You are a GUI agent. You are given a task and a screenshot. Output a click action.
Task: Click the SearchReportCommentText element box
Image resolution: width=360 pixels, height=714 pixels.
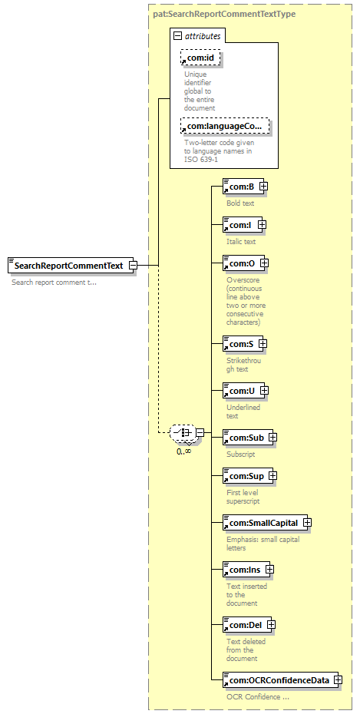(72, 265)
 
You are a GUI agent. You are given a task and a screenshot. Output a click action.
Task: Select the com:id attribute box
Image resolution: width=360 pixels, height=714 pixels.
(200, 58)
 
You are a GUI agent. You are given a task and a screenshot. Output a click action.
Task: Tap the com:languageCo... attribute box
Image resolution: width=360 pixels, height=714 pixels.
(225, 127)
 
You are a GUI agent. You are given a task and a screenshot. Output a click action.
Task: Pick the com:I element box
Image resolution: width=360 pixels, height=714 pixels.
(244, 224)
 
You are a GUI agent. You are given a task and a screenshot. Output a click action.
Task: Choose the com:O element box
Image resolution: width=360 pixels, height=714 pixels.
(246, 263)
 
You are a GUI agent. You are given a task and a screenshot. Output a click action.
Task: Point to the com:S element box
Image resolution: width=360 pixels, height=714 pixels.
(244, 344)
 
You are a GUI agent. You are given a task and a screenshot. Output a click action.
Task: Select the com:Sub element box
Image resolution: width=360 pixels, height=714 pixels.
(249, 437)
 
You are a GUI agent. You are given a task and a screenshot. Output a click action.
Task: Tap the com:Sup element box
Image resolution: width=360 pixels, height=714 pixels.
(249, 476)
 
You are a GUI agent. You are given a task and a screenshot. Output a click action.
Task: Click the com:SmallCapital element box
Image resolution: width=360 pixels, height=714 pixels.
(266, 523)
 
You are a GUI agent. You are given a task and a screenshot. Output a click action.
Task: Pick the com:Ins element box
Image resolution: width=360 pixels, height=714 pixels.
(248, 569)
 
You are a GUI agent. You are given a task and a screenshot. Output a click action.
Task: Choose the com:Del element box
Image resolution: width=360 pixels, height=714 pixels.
(249, 625)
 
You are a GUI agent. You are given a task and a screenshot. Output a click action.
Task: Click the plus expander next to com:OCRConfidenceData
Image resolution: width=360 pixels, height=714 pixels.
(337, 680)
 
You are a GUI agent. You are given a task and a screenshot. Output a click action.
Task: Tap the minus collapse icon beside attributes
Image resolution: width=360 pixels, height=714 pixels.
(178, 36)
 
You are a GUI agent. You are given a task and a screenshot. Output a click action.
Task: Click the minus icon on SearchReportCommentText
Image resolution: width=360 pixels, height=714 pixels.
(133, 265)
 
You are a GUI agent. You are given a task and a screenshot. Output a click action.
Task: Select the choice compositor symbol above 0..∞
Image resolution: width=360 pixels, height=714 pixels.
(184, 432)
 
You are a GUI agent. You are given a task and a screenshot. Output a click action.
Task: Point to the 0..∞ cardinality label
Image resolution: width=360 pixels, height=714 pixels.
(184, 451)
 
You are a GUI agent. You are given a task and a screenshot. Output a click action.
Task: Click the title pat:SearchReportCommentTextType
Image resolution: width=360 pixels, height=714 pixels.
(224, 14)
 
